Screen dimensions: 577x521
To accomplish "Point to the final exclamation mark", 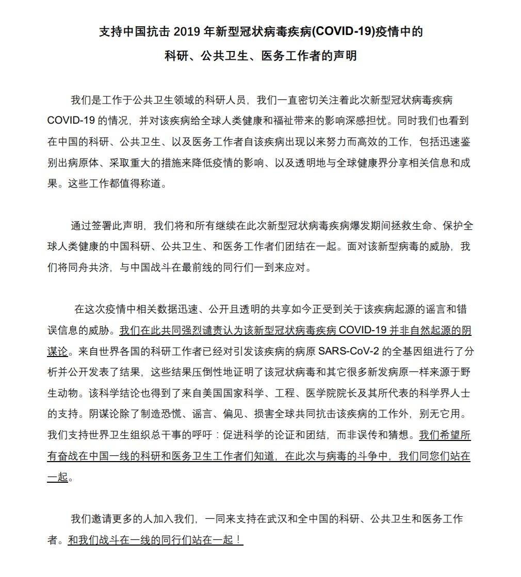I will [x=239, y=540].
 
